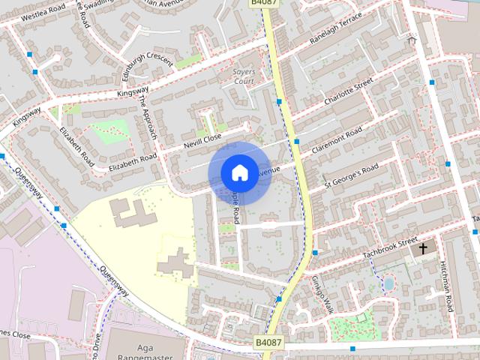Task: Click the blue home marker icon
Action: click(238, 172)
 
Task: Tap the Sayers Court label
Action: click(244, 73)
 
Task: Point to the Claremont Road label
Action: click(337, 140)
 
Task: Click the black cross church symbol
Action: click(423, 247)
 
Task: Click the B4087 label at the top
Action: click(260, 4)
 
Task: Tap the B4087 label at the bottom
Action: click(268, 342)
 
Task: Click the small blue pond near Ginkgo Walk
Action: click(388, 283)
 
